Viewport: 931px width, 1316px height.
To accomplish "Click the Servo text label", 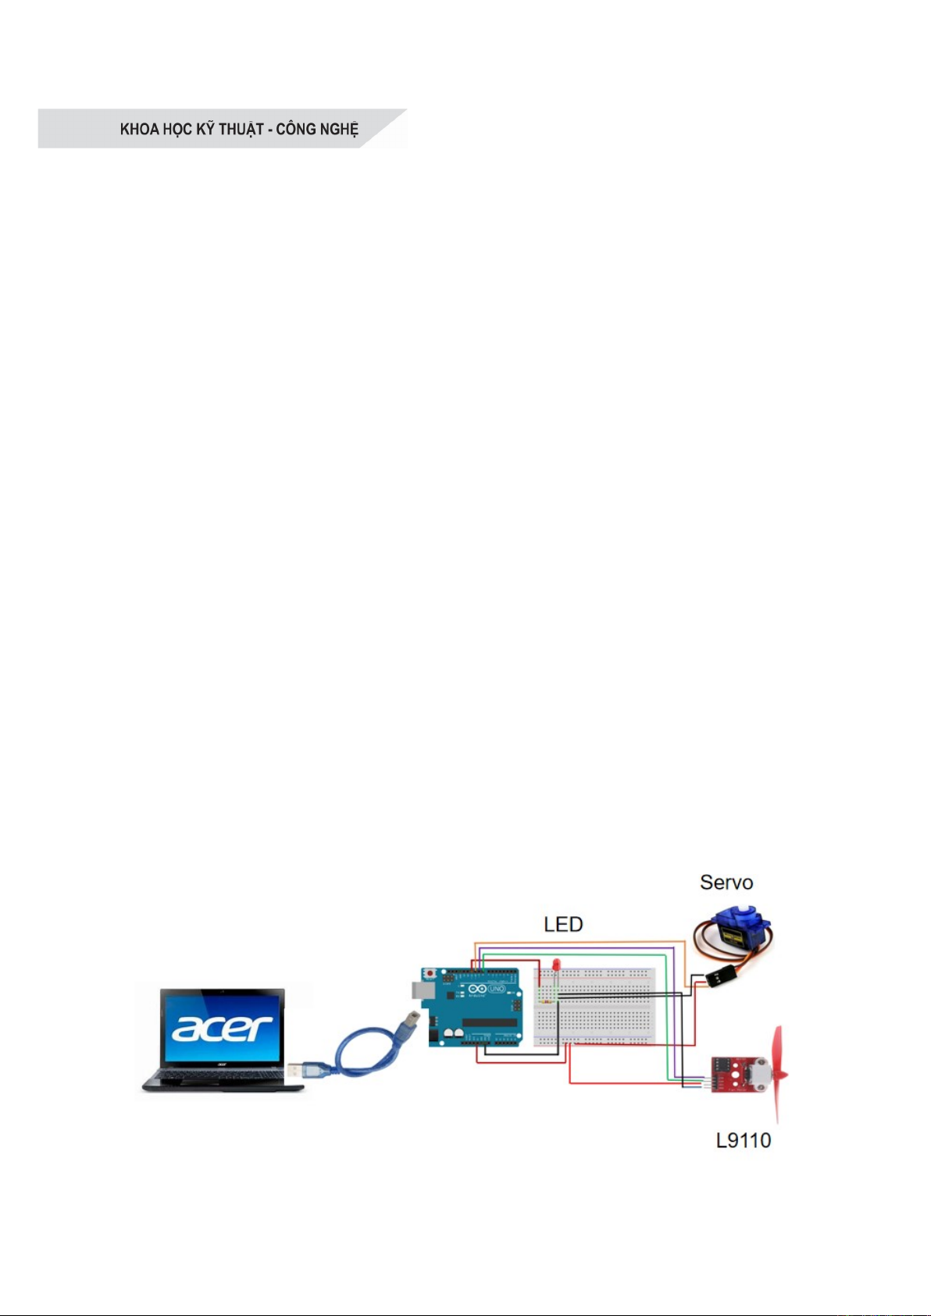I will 726,883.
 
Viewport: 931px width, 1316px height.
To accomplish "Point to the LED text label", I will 563,925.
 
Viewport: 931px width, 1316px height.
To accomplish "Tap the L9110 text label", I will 744,1140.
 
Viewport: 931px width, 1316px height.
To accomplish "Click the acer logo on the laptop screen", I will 223,1027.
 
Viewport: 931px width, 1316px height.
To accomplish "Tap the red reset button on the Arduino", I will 429,973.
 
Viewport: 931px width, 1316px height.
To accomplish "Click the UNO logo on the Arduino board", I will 497,990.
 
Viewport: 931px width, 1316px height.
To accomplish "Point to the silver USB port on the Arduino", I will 420,990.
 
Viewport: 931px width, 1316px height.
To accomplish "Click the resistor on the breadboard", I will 546,1000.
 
